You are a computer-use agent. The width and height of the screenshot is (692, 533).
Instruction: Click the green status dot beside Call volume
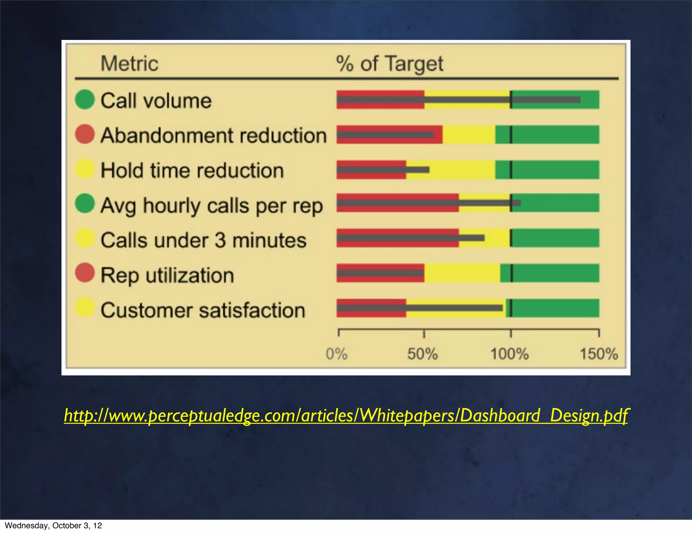pyautogui.click(x=84, y=99)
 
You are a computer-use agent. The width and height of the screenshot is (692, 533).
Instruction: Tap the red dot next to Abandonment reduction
pyautogui.click(x=84, y=134)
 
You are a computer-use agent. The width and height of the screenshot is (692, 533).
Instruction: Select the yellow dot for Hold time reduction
pyautogui.click(x=84, y=169)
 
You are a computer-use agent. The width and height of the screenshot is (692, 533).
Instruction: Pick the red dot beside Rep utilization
pyautogui.click(x=84, y=273)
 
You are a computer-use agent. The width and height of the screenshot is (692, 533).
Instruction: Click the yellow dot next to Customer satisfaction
pyautogui.click(x=84, y=307)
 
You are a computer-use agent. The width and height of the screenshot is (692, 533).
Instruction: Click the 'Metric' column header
pyautogui.click(x=129, y=64)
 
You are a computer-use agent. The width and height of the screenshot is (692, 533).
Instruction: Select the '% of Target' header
pyautogui.click(x=390, y=64)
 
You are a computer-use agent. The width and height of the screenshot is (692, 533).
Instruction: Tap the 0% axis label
pyautogui.click(x=337, y=354)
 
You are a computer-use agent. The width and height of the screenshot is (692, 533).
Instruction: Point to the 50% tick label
pyautogui.click(x=422, y=354)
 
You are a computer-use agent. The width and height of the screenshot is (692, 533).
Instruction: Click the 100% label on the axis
pyautogui.click(x=509, y=354)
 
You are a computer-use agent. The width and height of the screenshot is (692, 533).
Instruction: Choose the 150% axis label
pyautogui.click(x=599, y=354)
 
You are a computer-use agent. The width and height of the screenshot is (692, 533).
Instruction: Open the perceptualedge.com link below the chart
pyautogui.click(x=345, y=416)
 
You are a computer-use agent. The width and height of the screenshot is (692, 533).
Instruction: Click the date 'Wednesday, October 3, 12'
pyautogui.click(x=53, y=526)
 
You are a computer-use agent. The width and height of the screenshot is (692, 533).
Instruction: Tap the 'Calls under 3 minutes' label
pyautogui.click(x=203, y=240)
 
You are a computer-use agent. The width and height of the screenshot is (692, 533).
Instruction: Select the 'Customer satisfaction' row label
pyautogui.click(x=203, y=310)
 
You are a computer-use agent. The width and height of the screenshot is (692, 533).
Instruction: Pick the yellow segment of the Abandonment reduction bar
pyautogui.click(x=469, y=135)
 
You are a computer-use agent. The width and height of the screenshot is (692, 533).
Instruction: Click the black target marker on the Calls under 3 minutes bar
pyautogui.click(x=511, y=238)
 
